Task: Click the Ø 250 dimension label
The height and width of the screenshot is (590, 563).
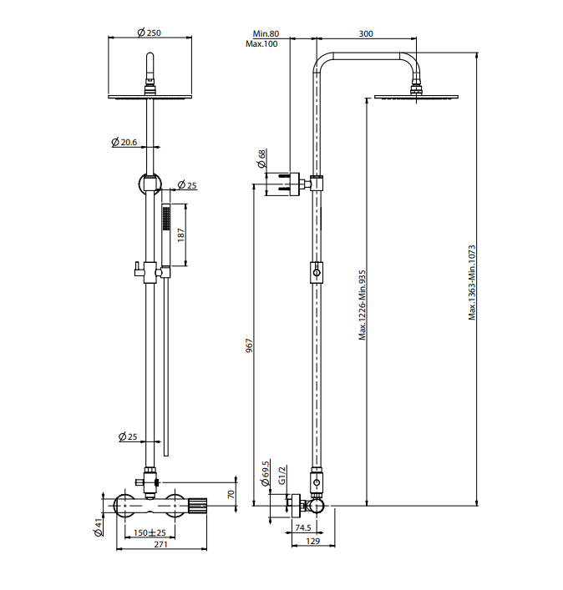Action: click(x=150, y=33)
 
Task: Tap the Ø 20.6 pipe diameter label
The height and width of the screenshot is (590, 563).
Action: click(x=124, y=142)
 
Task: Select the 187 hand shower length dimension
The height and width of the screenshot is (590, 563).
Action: click(x=181, y=234)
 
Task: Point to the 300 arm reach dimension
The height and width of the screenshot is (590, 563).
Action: click(x=366, y=34)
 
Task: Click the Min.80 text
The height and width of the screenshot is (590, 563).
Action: click(x=266, y=34)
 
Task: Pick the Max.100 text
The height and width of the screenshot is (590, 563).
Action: click(x=261, y=44)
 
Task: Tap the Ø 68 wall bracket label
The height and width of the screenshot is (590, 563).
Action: click(x=261, y=159)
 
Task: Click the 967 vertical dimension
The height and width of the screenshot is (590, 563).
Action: click(x=249, y=345)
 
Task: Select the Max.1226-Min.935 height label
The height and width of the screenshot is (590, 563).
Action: click(x=363, y=305)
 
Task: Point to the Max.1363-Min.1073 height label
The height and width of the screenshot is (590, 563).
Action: click(x=472, y=283)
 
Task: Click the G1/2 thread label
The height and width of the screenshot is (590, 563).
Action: click(x=282, y=475)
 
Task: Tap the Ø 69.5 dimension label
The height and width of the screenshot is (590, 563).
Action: click(x=266, y=474)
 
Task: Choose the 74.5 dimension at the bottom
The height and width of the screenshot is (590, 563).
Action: click(x=303, y=528)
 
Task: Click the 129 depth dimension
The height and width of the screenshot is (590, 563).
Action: click(x=313, y=541)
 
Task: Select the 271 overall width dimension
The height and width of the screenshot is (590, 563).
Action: click(x=161, y=544)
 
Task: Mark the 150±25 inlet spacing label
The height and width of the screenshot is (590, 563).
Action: click(x=150, y=532)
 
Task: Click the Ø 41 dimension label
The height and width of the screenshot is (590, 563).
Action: click(x=99, y=527)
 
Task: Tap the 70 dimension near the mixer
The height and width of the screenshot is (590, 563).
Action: click(x=231, y=494)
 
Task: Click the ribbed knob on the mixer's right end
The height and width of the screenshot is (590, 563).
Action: click(x=197, y=506)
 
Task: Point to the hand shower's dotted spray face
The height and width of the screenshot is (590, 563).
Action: click(x=166, y=219)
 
